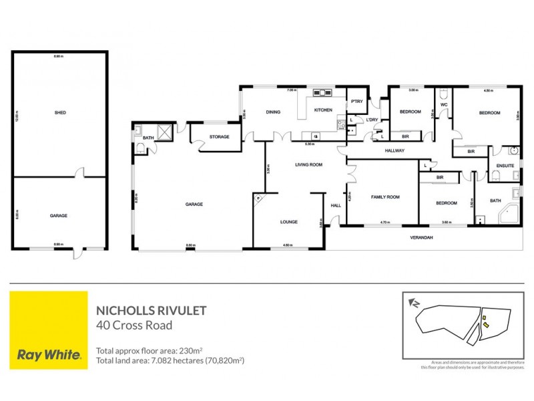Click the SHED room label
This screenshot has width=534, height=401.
[x=59, y=113]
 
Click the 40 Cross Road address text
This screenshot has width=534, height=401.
[x=134, y=325]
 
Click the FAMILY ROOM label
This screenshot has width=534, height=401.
[x=385, y=197]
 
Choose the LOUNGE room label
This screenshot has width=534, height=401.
[x=289, y=222]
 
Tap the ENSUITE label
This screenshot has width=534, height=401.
[x=504, y=165]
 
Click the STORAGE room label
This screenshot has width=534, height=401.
[x=219, y=137]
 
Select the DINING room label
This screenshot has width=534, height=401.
[x=272, y=112]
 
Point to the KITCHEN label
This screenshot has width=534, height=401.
[x=323, y=110]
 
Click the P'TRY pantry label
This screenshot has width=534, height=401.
[x=356, y=101]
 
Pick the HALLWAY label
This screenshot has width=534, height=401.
[x=394, y=151]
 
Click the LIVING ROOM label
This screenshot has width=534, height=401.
[x=309, y=164]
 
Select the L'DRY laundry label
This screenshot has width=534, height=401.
[x=372, y=120]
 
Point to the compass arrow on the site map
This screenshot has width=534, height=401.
[x=415, y=303]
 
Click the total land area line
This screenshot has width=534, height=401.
[x=170, y=360]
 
